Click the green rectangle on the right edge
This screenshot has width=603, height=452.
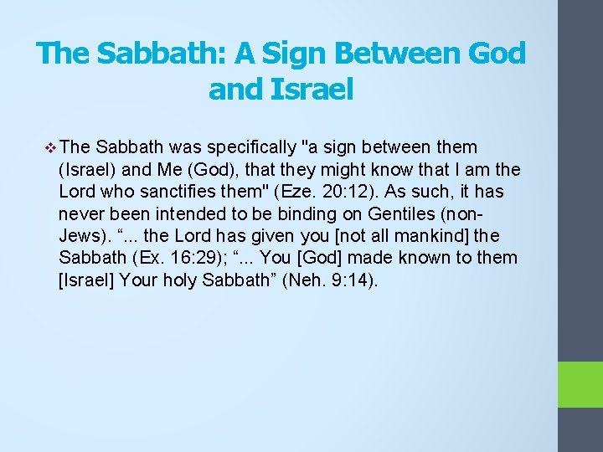pyautogui.click(x=580, y=384)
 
